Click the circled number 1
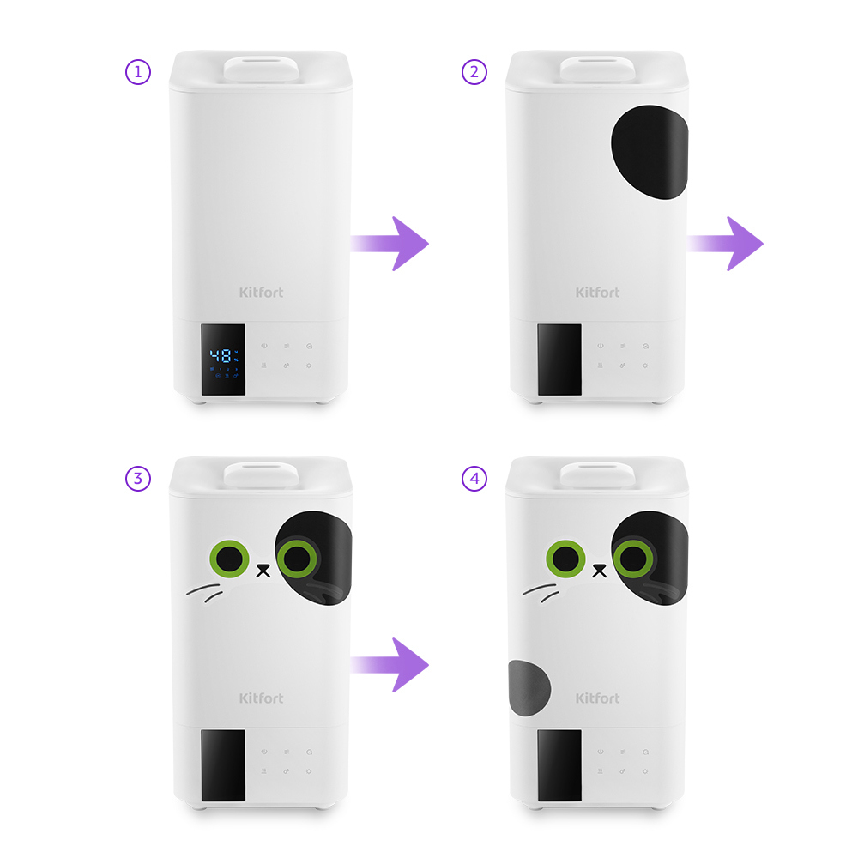(x=138, y=72)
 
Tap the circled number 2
(x=474, y=72)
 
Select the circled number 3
(x=138, y=479)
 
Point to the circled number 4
(x=474, y=479)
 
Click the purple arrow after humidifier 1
(x=390, y=244)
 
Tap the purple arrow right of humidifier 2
(x=725, y=244)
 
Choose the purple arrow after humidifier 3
(x=390, y=665)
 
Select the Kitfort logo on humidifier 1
(x=261, y=293)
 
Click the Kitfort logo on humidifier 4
(x=597, y=698)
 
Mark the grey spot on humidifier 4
(x=529, y=688)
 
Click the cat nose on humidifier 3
(x=263, y=571)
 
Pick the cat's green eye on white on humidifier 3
(x=229, y=559)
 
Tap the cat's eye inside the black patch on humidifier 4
(x=633, y=559)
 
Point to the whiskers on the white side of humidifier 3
(x=205, y=593)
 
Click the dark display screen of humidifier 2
(x=559, y=360)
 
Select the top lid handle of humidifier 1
(x=261, y=69)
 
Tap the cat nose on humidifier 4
(x=600, y=571)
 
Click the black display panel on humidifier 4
(x=559, y=765)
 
